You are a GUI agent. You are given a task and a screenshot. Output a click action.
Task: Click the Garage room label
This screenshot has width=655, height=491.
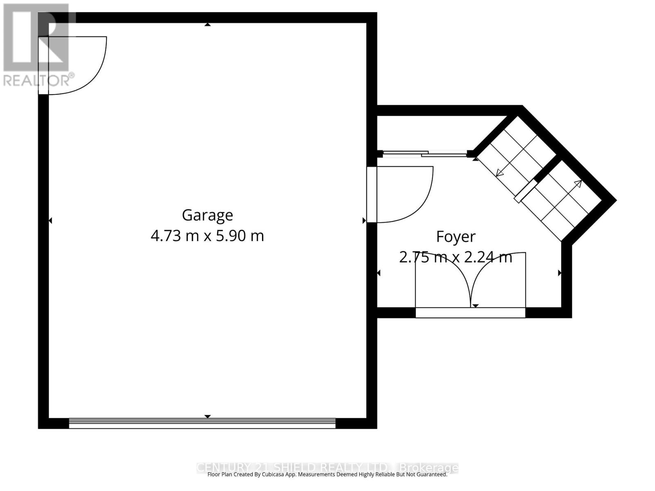pos(207,215)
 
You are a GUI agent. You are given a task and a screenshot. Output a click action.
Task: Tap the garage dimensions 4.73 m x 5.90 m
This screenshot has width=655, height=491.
pos(207,236)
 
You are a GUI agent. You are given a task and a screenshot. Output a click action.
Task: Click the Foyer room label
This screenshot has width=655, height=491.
pos(456,237)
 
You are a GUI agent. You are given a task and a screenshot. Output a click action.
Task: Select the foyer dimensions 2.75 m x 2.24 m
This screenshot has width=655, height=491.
pos(456,258)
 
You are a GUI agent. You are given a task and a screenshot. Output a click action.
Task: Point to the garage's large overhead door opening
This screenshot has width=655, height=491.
pos(202,423)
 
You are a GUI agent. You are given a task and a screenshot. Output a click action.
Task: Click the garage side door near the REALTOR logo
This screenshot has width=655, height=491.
pos(74,65)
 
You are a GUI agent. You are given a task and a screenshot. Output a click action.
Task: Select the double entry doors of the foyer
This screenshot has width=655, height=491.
pos(470,282)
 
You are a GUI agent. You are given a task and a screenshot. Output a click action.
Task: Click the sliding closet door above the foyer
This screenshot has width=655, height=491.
pos(424,154)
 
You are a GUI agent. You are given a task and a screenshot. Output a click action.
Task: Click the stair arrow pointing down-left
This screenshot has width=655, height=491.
pos(499,173)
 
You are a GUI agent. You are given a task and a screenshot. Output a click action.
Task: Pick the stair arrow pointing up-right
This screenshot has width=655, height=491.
pos(578,183)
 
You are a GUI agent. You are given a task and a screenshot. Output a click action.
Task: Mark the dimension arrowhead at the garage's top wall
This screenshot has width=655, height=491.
pos(208,25)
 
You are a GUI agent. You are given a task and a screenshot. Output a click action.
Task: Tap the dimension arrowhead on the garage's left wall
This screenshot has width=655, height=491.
pos(50,221)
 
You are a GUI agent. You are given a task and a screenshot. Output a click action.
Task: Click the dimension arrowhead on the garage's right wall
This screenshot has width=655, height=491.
pos(364,221)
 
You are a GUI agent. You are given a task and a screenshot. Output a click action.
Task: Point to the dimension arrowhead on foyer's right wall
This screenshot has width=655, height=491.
pos(560,273)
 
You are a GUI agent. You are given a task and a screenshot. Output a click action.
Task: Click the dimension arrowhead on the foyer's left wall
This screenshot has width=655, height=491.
pos(378,273)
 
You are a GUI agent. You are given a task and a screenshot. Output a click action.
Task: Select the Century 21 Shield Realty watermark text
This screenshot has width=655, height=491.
pos(327,467)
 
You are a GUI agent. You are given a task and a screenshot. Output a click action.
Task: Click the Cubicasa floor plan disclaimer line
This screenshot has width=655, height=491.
pos(327,475)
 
